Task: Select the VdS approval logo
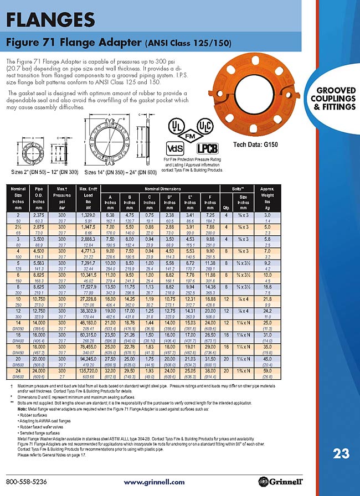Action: pyautogui.click(x=176, y=147)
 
